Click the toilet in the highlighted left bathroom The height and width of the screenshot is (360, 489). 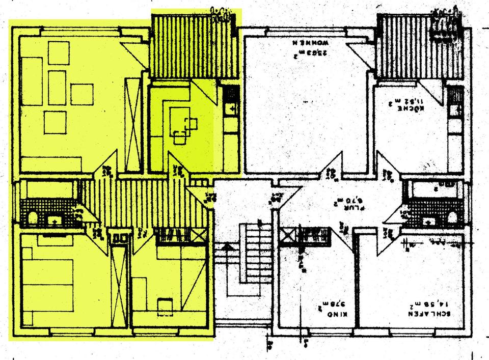coord(33,218)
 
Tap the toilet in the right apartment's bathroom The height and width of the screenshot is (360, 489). coord(452,217)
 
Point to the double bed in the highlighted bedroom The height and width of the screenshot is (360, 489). coord(48,285)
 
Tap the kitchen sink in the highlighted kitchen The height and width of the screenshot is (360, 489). coord(231,107)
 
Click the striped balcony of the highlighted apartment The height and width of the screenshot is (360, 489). coord(194,46)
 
